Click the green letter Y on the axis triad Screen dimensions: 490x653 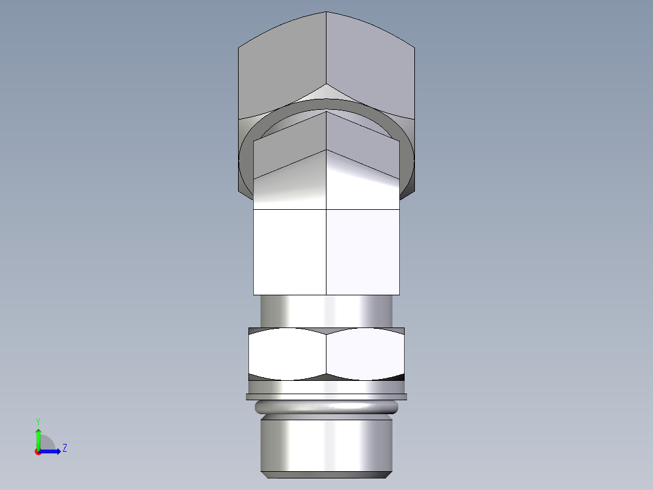[x=38, y=421]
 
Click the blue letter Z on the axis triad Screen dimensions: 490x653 [x=64, y=448]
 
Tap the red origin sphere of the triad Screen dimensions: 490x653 [x=38, y=451]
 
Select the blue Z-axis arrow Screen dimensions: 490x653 [x=51, y=451]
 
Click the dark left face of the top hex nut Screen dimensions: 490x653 [x=282, y=67]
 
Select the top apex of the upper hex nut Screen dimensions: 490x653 [x=326, y=13]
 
